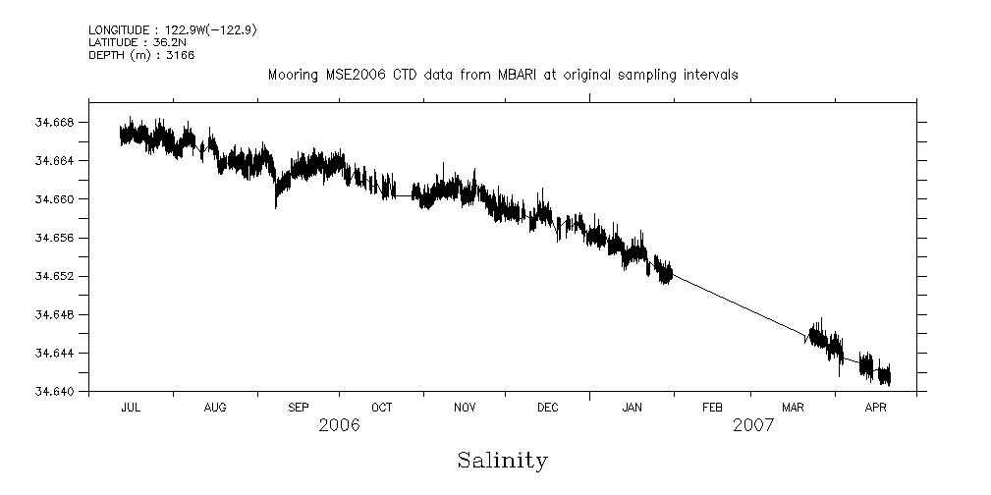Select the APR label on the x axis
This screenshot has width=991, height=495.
click(877, 406)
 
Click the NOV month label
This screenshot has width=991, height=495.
click(465, 406)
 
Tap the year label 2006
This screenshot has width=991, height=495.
click(339, 425)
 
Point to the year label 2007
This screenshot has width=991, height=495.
click(752, 425)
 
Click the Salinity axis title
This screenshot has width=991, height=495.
click(502, 461)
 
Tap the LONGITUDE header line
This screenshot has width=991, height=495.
click(173, 29)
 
